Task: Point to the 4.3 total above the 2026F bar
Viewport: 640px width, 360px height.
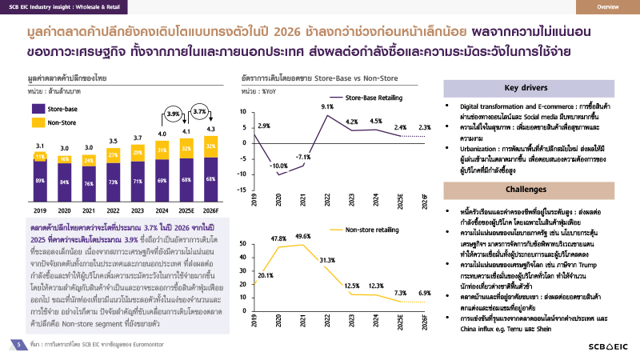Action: coord(210,129)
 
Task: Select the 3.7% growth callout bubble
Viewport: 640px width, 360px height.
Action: coord(200,111)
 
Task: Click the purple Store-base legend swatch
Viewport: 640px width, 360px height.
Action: coord(38,107)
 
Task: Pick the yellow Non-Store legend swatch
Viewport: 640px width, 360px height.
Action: coord(38,122)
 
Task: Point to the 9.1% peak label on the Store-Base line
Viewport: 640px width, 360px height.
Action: coord(327,106)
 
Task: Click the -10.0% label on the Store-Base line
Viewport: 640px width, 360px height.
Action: coord(278,165)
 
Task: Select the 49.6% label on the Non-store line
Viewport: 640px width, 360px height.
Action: coord(303,237)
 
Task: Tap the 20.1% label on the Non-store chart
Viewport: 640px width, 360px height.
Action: coord(266,275)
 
